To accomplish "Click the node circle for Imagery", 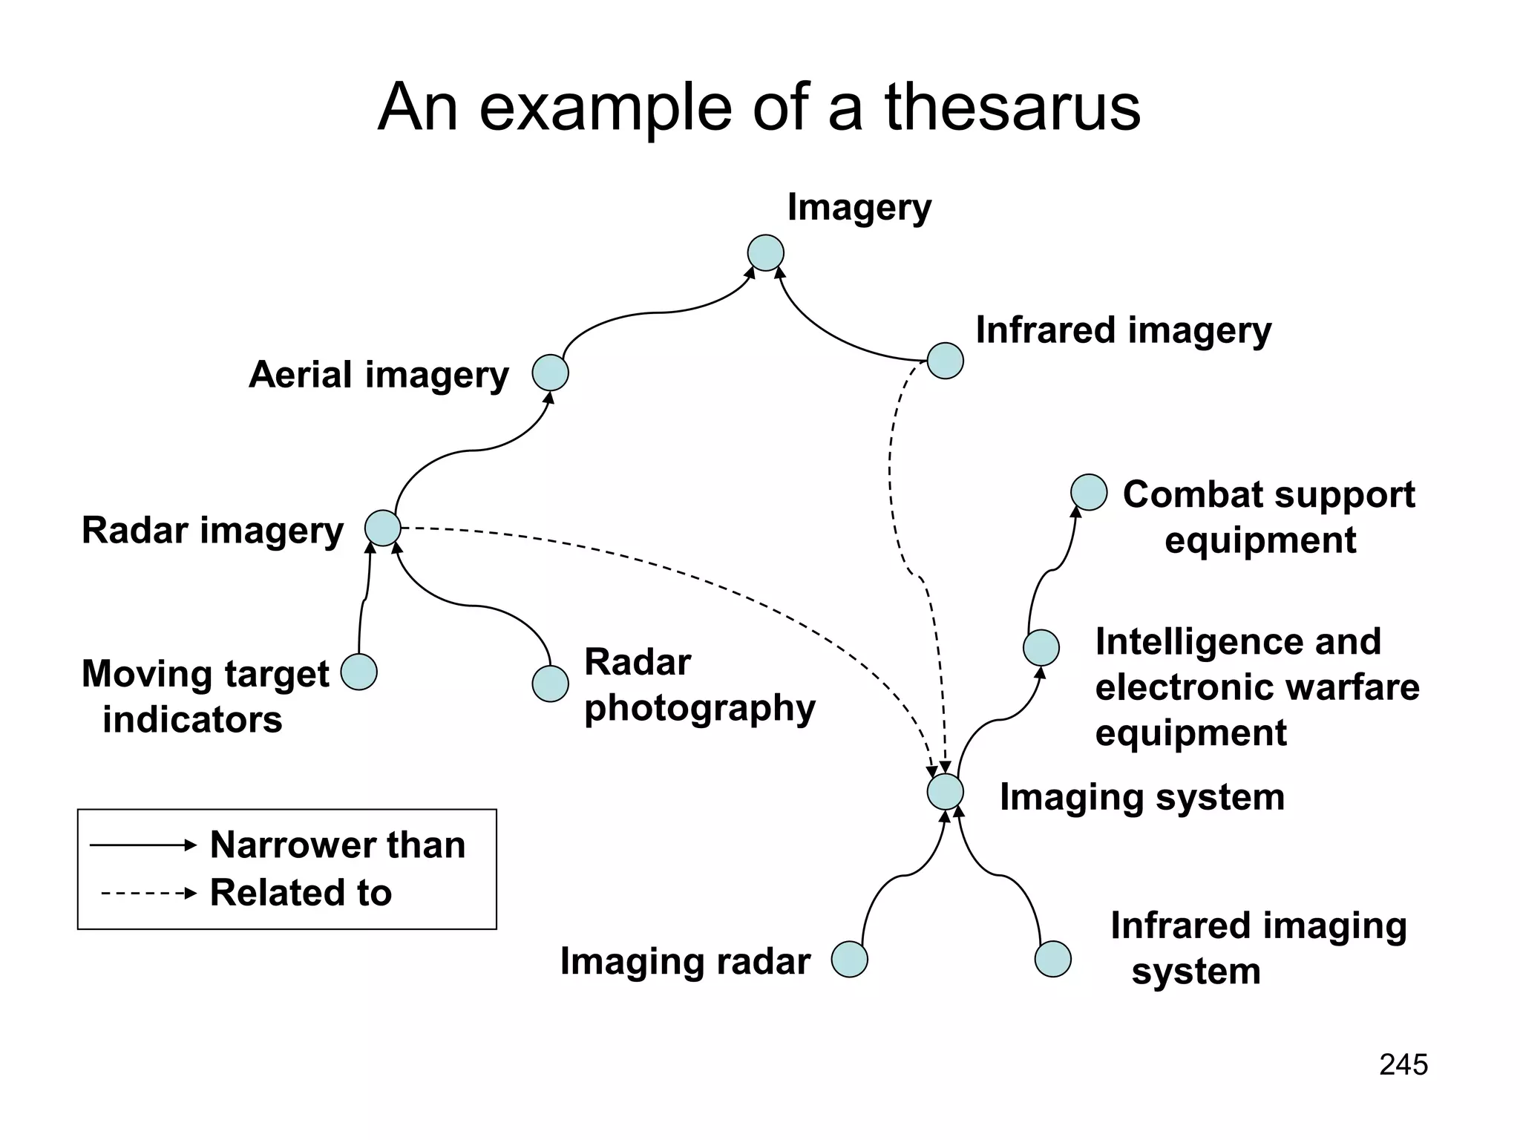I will (x=765, y=253).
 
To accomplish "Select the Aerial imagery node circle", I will (x=550, y=373).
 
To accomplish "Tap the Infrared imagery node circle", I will (x=946, y=361).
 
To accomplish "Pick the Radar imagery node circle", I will (x=383, y=528).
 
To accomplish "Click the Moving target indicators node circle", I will (x=359, y=672).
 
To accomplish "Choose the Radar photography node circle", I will (x=550, y=684).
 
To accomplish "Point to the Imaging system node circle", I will (x=946, y=792).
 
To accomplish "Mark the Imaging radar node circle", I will (x=849, y=960).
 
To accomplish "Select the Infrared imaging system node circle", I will (x=1052, y=959).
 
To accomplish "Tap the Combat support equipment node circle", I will (x=1089, y=492).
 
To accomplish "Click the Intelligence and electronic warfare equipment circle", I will (x=1041, y=648).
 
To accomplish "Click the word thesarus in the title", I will (x=1012, y=108).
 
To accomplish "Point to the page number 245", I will (x=1403, y=1064).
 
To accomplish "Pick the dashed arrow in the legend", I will (x=148, y=893).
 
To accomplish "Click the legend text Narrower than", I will (x=338, y=845).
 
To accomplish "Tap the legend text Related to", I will (x=301, y=892).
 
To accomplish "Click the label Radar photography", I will (x=699, y=684).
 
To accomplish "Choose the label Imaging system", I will (x=1141, y=797).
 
